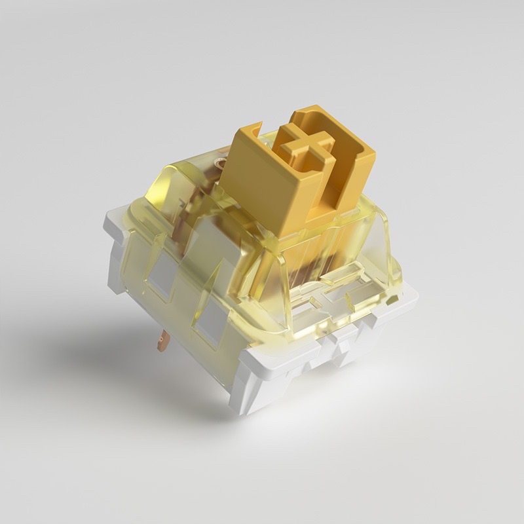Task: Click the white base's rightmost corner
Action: click(x=414, y=298)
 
